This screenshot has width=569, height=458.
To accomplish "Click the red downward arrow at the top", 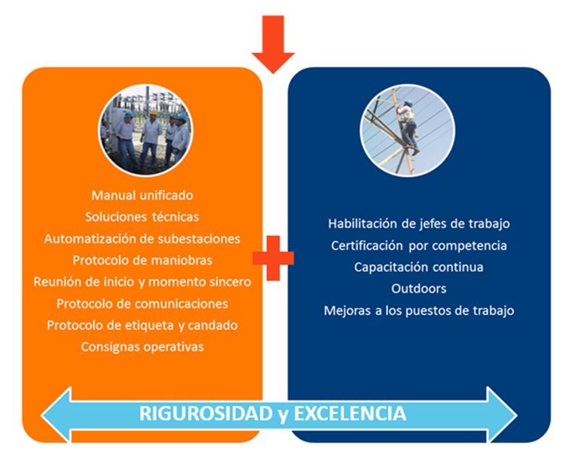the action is [273, 44].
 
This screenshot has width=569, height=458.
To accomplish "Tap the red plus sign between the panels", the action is [273, 258].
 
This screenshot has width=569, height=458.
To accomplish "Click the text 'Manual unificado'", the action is [142, 195].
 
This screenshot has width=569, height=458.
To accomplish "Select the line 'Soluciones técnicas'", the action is [142, 217].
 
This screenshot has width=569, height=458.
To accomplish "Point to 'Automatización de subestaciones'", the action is [142, 239].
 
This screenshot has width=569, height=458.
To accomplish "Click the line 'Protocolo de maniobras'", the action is [142, 261].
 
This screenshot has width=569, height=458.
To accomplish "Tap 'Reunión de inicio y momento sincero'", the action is [142, 282].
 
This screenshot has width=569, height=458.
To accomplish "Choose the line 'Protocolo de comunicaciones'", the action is [142, 304].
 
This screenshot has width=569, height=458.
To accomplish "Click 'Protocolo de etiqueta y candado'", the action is [142, 325].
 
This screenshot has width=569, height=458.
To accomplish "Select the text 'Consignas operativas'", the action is [142, 347].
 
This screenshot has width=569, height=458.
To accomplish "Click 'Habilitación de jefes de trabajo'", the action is [419, 224].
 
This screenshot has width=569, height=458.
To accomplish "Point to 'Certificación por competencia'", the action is [419, 246].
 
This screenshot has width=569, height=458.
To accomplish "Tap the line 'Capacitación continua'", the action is [419, 267].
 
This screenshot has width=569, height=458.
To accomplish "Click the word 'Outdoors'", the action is [419, 289].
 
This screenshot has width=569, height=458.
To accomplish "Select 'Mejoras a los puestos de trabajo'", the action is [419, 311].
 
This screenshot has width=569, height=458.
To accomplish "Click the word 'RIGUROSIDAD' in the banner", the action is [206, 414].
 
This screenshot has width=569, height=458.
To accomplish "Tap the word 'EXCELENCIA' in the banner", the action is [350, 414].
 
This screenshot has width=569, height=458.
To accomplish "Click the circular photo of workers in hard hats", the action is [145, 130].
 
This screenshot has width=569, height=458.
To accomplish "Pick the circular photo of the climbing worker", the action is [407, 130].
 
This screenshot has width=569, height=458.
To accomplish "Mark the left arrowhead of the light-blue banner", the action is [57, 415].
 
